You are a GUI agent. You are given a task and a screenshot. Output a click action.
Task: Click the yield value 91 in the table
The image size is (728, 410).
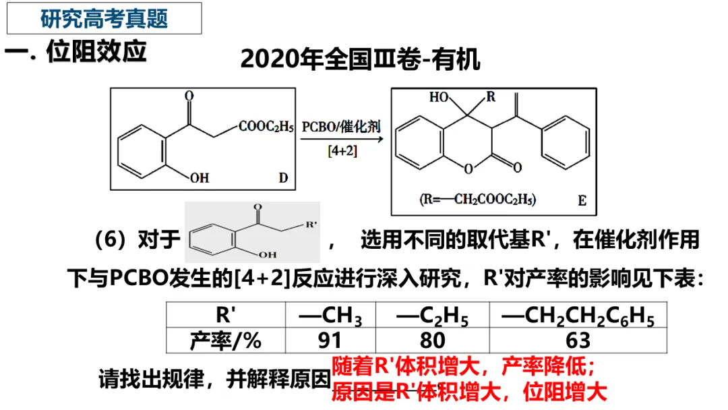click(330, 340)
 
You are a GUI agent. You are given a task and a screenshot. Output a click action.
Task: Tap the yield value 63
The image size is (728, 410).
click(578, 340)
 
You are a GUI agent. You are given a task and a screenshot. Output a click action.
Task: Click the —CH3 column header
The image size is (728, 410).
click(331, 316)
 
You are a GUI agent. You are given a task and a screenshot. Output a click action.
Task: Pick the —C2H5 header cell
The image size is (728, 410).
click(432, 316)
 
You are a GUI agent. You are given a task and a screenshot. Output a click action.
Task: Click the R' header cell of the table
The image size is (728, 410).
click(226, 316)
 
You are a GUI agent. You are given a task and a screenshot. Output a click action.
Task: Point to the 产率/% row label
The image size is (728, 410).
click(226, 340)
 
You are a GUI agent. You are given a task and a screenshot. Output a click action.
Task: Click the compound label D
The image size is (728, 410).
click(283, 178)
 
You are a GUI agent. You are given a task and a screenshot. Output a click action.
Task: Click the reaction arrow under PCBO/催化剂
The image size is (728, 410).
click(342, 139)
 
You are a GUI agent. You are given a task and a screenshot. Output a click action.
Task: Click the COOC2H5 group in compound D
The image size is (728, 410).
click(266, 126)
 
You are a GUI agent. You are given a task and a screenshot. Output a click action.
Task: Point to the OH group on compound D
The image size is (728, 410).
click(200, 178)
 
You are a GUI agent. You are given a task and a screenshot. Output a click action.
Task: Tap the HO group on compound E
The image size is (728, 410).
click(439, 98)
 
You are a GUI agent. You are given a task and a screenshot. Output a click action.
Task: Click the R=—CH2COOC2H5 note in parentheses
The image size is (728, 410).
click(478, 199)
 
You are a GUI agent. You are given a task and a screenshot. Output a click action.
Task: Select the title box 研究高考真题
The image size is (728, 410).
click(104, 18)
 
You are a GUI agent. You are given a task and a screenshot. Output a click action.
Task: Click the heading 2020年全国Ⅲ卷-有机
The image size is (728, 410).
click(360, 59)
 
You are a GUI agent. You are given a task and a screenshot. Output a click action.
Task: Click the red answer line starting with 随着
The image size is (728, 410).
click(463, 368)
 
